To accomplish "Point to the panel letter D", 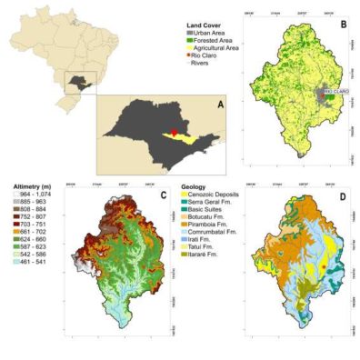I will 344,195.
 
